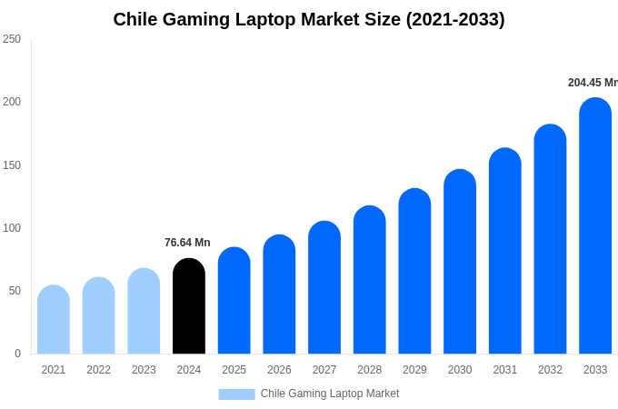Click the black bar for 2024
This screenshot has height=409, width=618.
pos(189,306)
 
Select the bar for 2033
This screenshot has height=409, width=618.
pos(595,226)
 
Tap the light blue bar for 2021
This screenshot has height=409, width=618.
pos(54,320)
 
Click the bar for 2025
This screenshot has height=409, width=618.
pos(234,301)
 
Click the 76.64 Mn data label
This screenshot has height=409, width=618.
pos(187,243)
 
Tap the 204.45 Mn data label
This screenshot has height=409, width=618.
pos(593,83)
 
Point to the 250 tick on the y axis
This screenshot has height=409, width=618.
pos(12,39)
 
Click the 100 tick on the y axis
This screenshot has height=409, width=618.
pos(12,228)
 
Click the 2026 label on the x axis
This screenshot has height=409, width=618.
pos(279,370)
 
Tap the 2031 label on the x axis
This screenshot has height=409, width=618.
pos(505,370)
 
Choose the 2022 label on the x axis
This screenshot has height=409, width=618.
pos(99,370)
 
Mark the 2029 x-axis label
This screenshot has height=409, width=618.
pos(414,370)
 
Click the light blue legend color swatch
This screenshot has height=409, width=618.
pos(236,394)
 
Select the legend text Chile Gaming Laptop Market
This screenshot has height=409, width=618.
pos(330,394)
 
